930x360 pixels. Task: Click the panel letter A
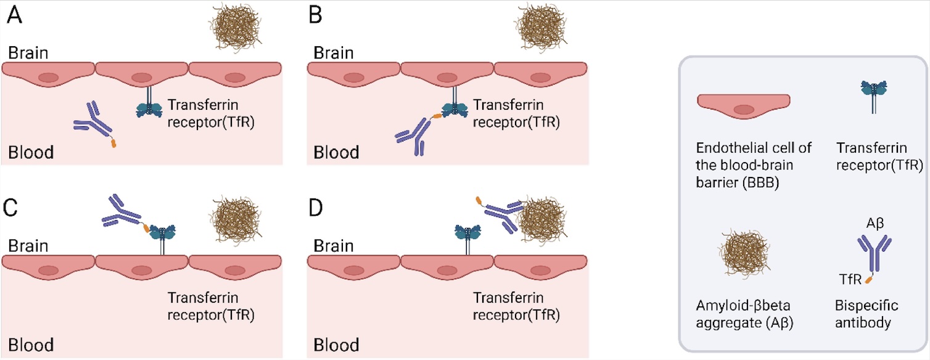[x=15, y=16]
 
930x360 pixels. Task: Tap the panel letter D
[x=316, y=208]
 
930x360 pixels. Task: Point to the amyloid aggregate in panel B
[x=541, y=28]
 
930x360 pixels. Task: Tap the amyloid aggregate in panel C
[x=236, y=220]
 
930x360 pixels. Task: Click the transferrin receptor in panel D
[x=467, y=239]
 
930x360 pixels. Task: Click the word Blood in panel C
[x=31, y=345]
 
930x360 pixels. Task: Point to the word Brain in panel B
[x=334, y=53]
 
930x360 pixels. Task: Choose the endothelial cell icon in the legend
[x=744, y=106]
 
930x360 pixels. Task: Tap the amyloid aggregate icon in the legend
[x=744, y=253]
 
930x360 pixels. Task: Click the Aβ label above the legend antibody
[x=874, y=224]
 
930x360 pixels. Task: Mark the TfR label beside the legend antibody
[x=850, y=279]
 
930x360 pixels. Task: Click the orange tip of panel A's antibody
[x=113, y=144]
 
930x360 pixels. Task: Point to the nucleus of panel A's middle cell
[x=142, y=78]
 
